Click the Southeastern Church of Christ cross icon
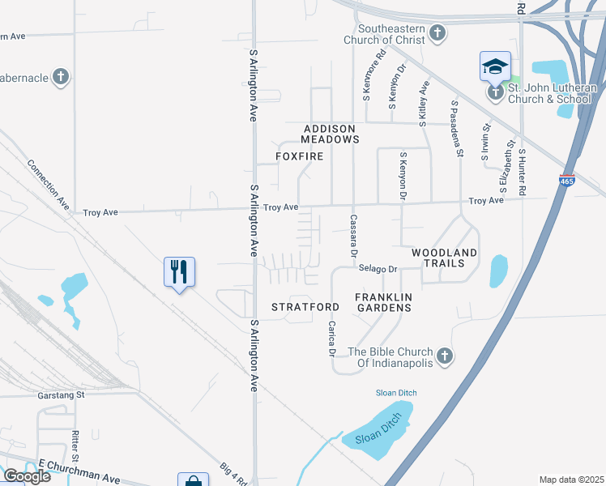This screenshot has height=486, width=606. (437, 34)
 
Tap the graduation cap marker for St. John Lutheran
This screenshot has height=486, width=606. (494, 67)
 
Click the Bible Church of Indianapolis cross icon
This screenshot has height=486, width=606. (443, 356)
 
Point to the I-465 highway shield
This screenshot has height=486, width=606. (567, 181)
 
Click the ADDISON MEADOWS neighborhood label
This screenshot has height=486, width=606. (331, 134)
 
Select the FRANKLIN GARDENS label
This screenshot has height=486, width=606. (384, 302)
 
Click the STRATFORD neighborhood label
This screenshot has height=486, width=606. (305, 307)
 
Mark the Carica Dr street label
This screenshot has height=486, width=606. (331, 339)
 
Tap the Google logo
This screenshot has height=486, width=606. (27, 476)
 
